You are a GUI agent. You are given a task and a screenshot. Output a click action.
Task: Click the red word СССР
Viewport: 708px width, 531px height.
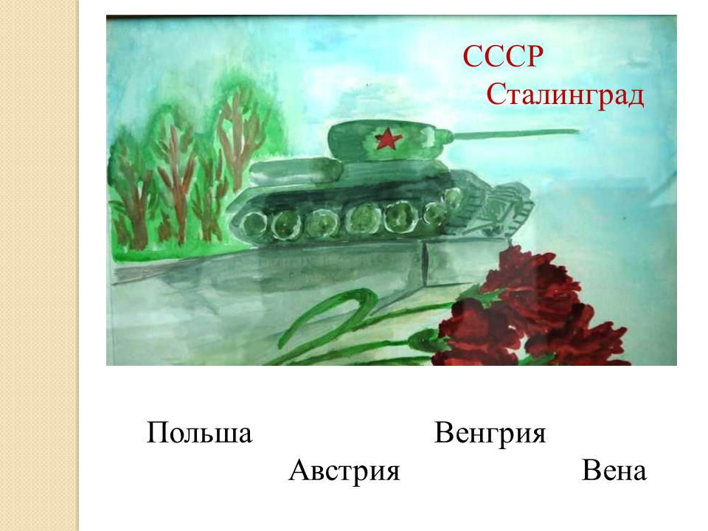coord(502,56)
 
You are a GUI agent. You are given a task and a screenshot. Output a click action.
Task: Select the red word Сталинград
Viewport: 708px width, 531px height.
coord(564,95)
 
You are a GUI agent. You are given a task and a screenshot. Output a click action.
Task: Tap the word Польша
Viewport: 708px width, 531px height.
coord(199,433)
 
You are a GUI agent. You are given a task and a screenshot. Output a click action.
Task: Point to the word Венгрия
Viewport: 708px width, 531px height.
coord(490,433)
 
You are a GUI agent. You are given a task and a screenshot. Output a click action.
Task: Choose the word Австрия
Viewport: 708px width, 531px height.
coord(344,471)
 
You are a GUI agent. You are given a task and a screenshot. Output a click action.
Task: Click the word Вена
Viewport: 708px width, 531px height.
coord(614,471)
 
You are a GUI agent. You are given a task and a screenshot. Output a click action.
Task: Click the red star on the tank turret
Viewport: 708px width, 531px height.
coord(385,138)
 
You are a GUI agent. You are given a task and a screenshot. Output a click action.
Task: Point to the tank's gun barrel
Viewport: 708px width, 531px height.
coord(515,133)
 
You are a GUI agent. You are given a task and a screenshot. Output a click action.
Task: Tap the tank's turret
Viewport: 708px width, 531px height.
coord(389,140)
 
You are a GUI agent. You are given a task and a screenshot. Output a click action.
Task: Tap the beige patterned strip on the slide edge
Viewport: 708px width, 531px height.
coord(39,265)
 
